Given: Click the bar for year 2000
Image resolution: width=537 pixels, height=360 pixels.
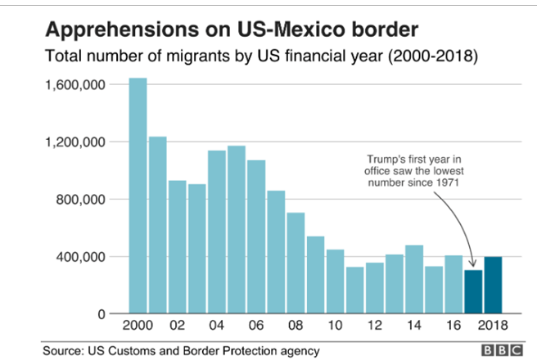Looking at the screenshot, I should point(138,196).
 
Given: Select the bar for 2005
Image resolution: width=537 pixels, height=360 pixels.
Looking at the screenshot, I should point(237,230).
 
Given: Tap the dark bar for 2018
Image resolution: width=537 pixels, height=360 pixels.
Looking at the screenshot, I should point(494,286).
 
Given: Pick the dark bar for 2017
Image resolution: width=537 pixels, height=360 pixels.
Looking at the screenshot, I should point(474,292).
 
